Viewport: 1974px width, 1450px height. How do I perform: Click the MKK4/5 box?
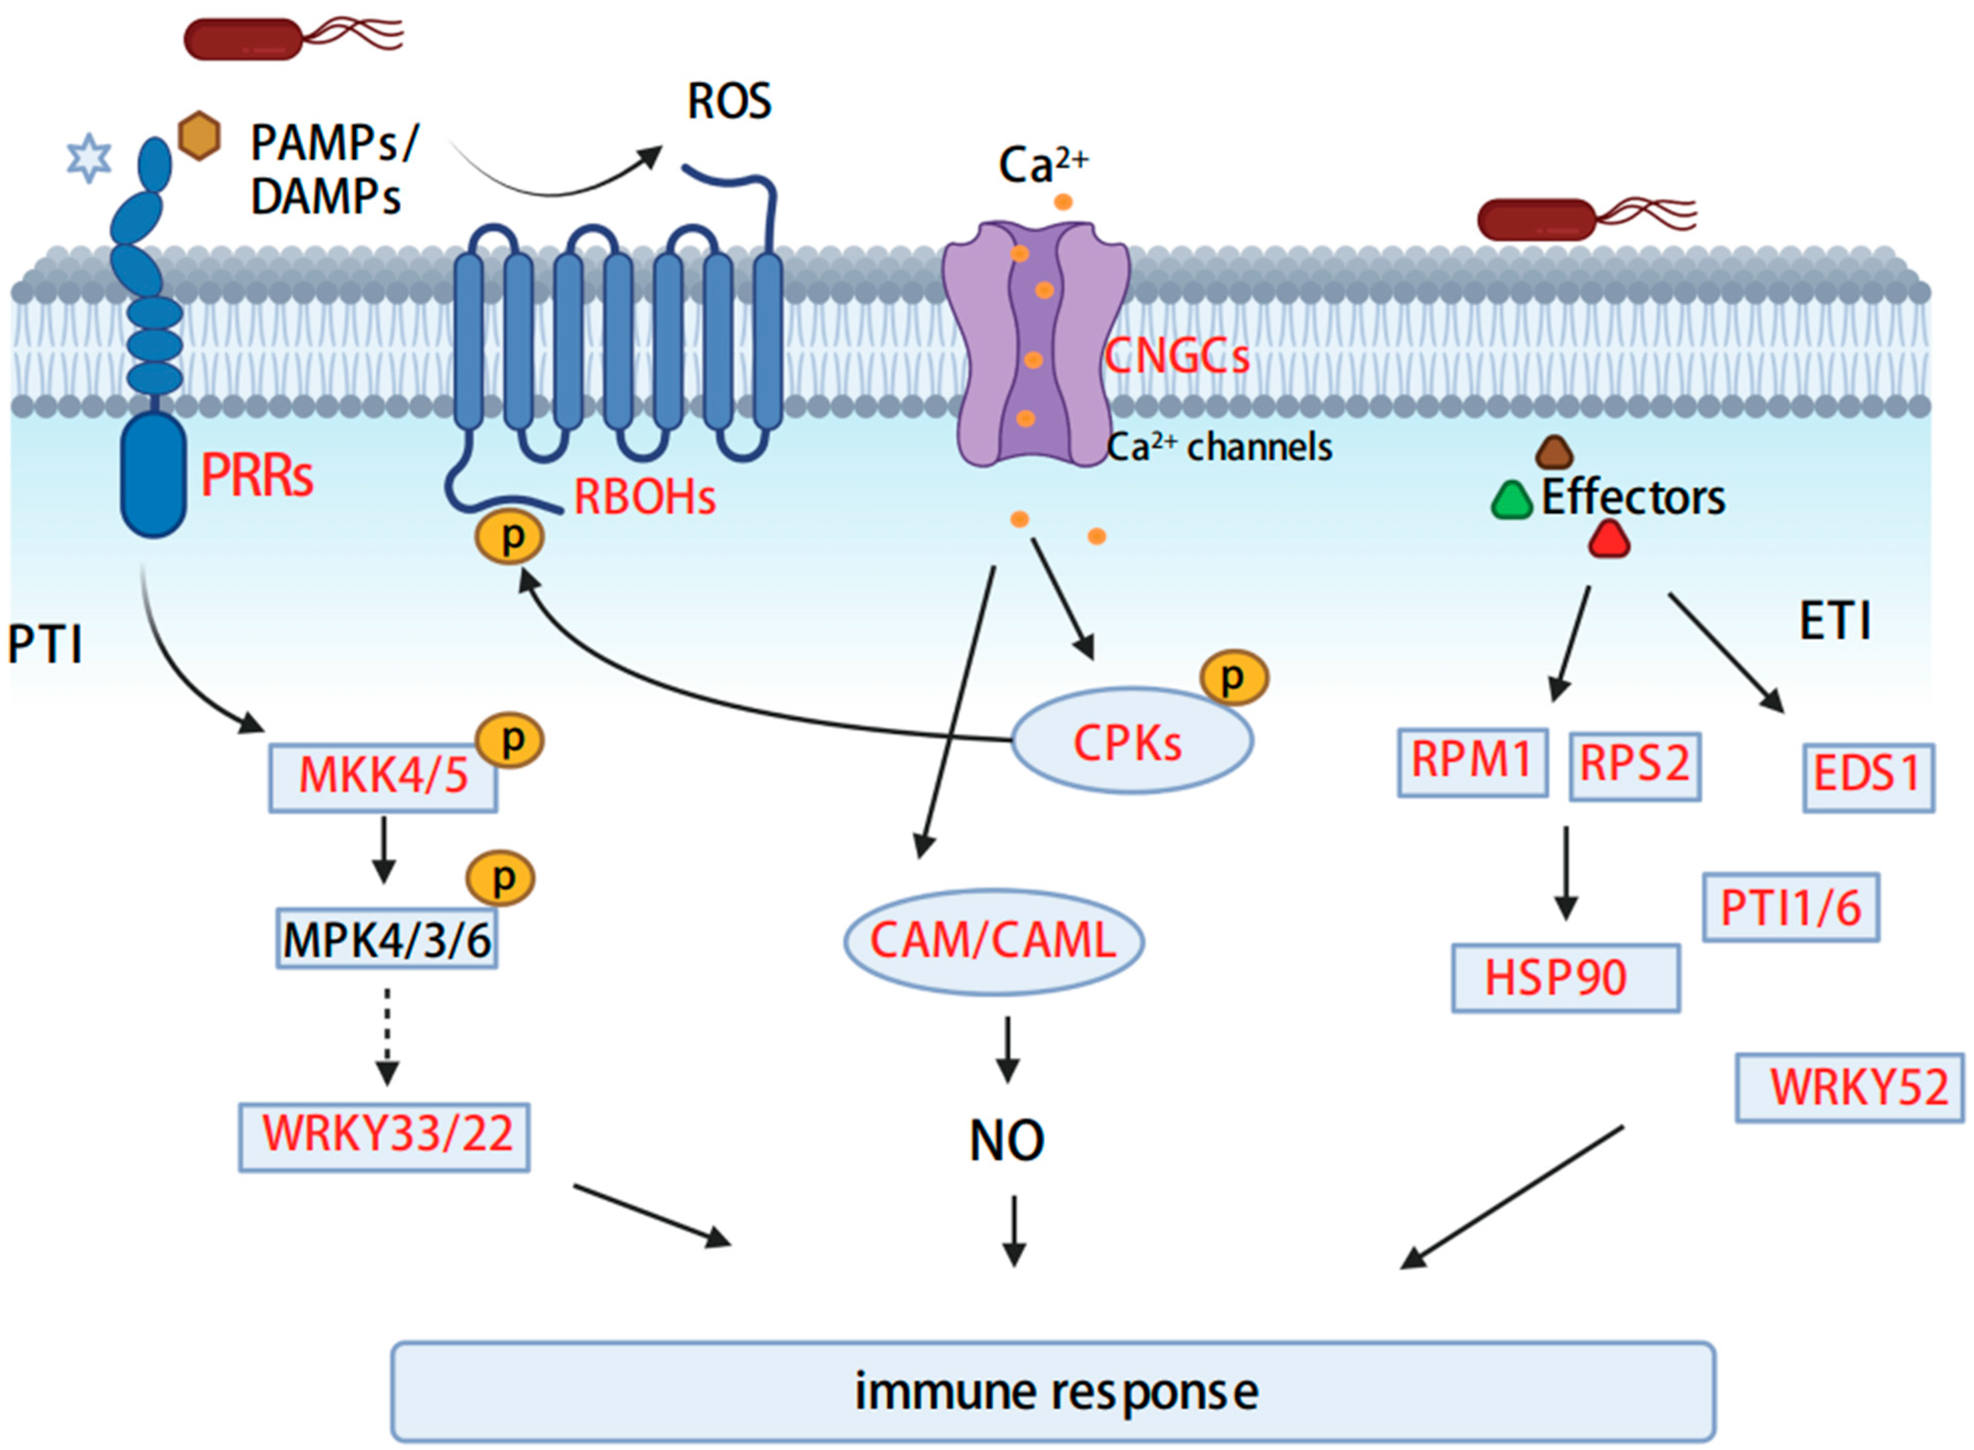383,778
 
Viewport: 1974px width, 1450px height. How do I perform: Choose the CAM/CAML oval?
994,942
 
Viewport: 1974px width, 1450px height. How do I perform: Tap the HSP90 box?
1566,978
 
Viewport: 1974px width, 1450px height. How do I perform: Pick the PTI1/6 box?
1791,907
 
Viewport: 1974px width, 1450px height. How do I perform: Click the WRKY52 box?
1850,1087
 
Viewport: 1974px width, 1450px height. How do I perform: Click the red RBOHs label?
645,497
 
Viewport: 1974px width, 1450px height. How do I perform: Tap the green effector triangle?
1511,501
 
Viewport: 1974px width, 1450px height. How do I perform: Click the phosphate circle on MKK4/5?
510,740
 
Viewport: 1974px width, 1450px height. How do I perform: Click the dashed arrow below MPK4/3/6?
387,1036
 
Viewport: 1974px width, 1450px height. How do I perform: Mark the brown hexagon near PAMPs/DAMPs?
199,135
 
